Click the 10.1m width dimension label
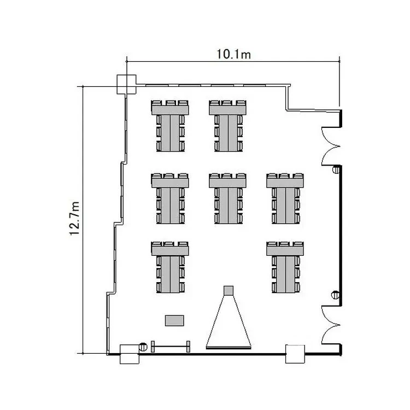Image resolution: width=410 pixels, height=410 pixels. click(x=233, y=54)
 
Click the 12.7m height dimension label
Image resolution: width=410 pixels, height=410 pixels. click(x=74, y=219)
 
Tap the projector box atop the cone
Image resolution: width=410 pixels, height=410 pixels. click(x=229, y=290)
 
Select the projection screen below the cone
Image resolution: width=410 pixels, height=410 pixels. click(x=229, y=348)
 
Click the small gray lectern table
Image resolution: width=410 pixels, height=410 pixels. click(x=174, y=320)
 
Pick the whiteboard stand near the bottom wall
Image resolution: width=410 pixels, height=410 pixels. click(x=171, y=347)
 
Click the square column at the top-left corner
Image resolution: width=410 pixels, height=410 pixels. click(x=126, y=84)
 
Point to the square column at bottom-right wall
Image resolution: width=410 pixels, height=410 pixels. click(x=295, y=354)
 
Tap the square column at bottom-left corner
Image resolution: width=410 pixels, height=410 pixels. click(x=130, y=354)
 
